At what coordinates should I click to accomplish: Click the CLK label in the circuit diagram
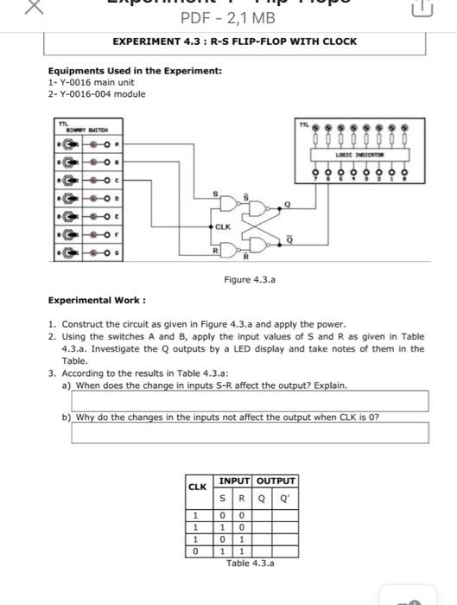click(x=223, y=226)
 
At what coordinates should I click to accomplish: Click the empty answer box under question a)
click(x=250, y=401)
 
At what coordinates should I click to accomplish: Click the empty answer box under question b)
click(x=250, y=432)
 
